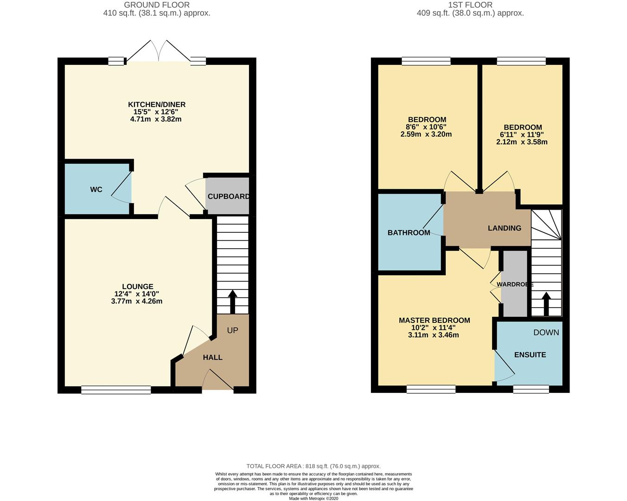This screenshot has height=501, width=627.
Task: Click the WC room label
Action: coord(96,189)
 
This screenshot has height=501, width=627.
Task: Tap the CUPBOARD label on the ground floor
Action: coord(228,196)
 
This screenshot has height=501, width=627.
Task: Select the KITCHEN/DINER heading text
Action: coord(157,104)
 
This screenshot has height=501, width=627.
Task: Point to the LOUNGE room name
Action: coord(138,287)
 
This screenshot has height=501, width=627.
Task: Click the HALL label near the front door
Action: coord(212,357)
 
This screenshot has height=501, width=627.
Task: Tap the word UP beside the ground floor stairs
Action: coord(232,330)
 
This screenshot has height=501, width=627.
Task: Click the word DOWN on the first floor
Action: coord(546,332)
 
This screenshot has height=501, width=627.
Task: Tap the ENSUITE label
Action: coord(530,354)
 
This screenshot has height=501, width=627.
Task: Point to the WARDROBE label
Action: coord(514,284)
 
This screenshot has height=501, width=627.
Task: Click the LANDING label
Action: coord(504,228)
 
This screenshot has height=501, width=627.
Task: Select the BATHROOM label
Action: coord(409,232)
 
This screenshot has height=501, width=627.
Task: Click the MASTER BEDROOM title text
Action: coord(434,320)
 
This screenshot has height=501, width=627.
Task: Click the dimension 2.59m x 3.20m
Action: coord(426,135)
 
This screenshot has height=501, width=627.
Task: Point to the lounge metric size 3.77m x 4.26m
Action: coord(137,301)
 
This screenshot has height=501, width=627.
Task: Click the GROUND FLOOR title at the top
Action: coord(157,5)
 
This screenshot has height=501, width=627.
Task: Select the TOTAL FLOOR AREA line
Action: coord(313,466)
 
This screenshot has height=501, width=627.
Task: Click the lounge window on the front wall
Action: coord(116,390)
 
